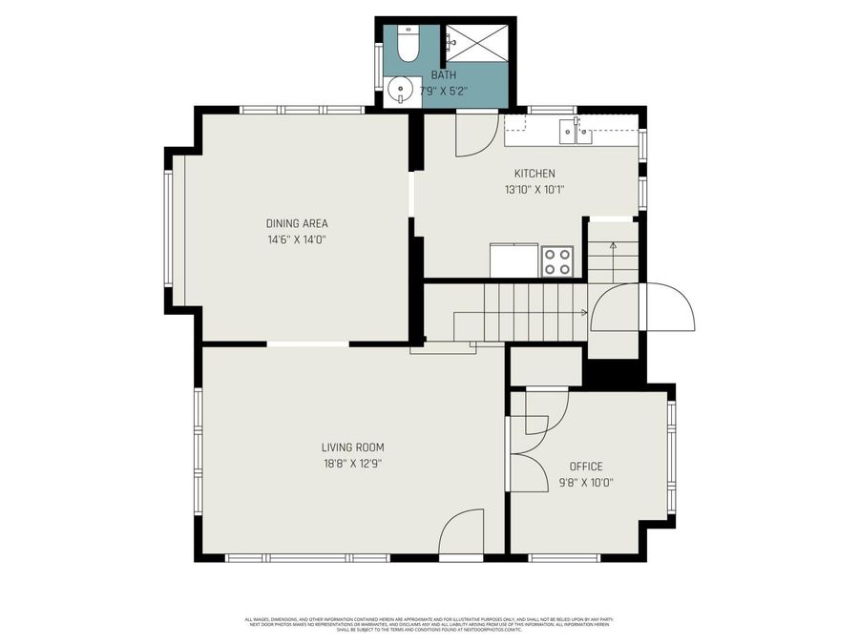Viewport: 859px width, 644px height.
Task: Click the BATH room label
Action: pyautogui.click(x=444, y=74)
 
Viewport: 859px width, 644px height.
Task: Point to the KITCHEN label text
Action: pyautogui.click(x=534, y=174)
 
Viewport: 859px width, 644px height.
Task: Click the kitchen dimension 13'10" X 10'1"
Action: pyautogui.click(x=534, y=189)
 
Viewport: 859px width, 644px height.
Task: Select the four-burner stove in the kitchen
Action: pyautogui.click(x=556, y=261)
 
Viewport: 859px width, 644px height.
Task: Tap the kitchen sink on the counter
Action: pyautogui.click(x=576, y=133)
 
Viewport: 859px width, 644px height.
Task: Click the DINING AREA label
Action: pyautogui.click(x=297, y=223)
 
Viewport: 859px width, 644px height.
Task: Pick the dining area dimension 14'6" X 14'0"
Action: pyautogui.click(x=297, y=239)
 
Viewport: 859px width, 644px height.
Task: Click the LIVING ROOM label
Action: pyautogui.click(x=352, y=447)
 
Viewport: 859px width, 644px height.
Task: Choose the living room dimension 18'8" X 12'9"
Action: pyautogui.click(x=352, y=464)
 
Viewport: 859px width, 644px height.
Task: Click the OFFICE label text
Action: pyautogui.click(x=586, y=467)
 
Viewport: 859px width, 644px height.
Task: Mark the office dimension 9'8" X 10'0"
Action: pyautogui.click(x=586, y=483)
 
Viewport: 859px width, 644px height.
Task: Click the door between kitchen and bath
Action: pyautogui.click(x=474, y=134)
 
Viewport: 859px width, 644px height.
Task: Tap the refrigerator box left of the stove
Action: pyautogui.click(x=513, y=260)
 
